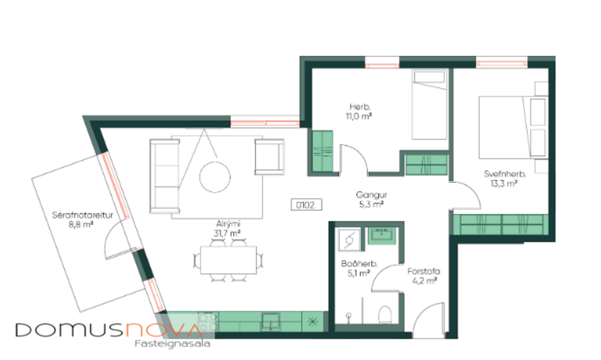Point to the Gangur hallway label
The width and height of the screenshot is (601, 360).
pos(368,194)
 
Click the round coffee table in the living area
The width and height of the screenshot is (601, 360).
pos(215,176)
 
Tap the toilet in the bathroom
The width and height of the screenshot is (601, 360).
pos(384,315)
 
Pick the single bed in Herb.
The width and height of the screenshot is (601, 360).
pos(429,105)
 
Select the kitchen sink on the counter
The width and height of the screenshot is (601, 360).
pos(271,321)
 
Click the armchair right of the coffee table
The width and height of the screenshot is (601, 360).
pos(270,157)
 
